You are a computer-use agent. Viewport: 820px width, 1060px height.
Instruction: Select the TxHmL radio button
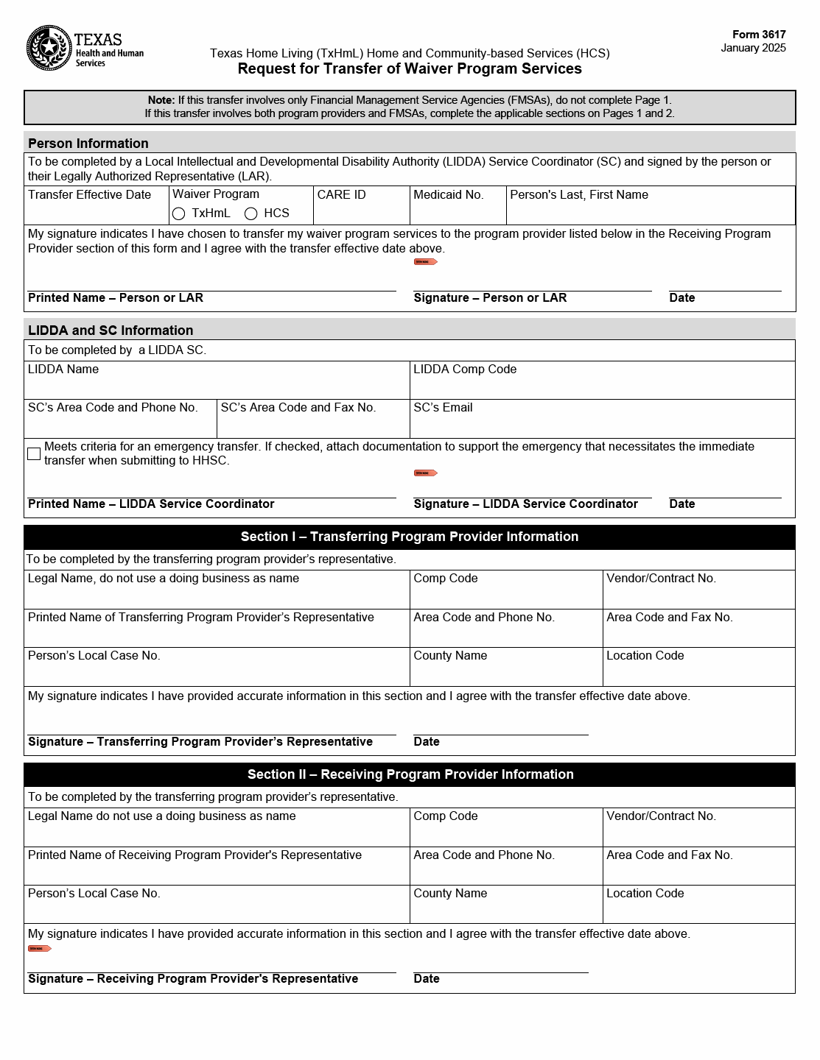[178, 213]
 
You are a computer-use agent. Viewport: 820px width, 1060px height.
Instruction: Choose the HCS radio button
[251, 213]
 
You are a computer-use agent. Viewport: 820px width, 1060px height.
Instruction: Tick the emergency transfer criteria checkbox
[34, 453]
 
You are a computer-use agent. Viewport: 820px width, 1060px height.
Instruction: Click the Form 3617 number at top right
[759, 35]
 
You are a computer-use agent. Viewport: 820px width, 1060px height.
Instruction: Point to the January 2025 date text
[753, 48]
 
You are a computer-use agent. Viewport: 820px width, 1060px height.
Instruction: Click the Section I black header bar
[410, 537]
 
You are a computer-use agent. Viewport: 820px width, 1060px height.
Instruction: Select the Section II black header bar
[410, 774]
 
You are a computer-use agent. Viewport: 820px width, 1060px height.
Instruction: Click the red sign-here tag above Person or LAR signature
[426, 261]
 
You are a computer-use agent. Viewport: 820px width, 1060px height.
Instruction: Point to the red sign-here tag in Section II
[40, 948]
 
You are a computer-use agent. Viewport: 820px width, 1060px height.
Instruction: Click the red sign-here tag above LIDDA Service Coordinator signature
[426, 473]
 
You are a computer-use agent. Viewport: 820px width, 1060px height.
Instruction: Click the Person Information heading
[88, 144]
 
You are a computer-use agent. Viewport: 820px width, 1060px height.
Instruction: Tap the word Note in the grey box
[161, 100]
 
